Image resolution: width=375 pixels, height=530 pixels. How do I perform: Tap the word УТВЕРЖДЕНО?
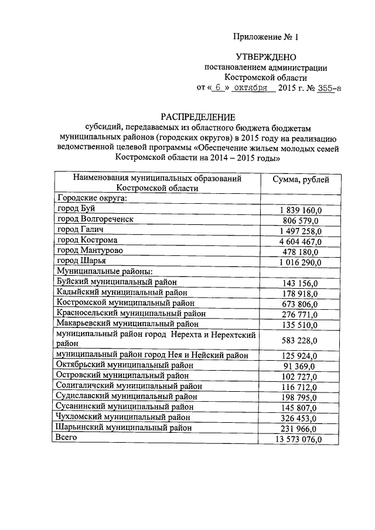tap(266, 57)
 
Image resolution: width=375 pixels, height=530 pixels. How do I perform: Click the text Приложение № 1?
tap(266, 37)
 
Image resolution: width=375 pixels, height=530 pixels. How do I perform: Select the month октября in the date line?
tap(254, 88)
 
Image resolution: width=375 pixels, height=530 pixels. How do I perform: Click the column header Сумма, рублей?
tap(301, 179)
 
